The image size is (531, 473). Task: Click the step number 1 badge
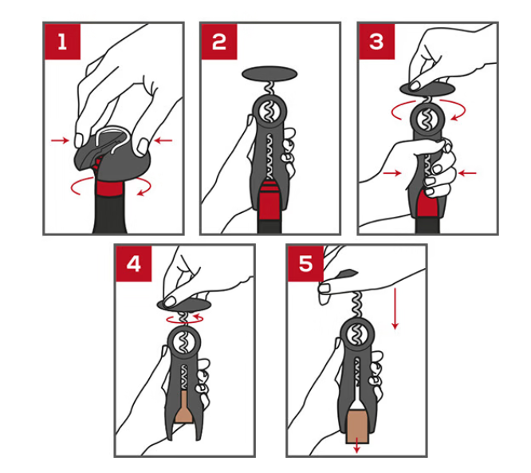tap(62, 41)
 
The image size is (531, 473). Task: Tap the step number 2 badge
tap(219, 41)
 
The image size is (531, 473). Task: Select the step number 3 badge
tap(376, 41)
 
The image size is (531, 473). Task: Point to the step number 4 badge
tap(134, 263)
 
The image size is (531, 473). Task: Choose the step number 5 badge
tap(305, 263)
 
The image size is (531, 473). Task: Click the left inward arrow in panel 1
tap(60, 140)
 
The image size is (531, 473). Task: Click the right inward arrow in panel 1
tap(163, 140)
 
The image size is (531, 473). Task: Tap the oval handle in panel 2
tap(269, 73)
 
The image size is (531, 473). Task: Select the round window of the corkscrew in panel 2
tap(269, 112)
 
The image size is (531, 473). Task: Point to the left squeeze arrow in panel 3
tap(392, 173)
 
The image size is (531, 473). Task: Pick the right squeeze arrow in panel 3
tap(467, 173)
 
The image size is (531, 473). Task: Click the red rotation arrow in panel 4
tap(185, 318)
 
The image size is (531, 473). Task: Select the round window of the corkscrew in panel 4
tap(184, 343)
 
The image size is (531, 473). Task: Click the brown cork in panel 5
tap(357, 426)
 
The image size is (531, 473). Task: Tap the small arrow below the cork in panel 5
tap(356, 448)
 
